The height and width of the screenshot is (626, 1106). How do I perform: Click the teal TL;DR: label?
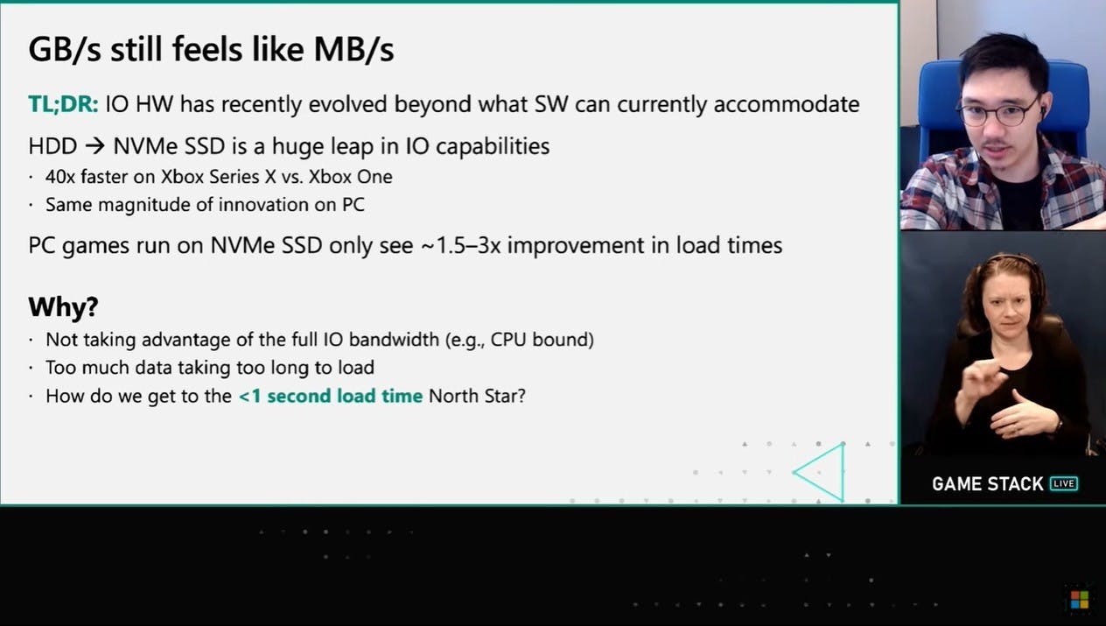(x=63, y=104)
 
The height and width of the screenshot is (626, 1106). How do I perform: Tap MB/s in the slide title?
(x=354, y=49)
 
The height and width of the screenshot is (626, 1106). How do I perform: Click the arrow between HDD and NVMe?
(x=94, y=146)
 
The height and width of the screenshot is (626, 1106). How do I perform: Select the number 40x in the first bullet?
(x=59, y=177)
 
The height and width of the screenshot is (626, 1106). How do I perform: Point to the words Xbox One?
(x=351, y=177)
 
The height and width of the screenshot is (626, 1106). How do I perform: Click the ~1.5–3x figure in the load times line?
(x=460, y=245)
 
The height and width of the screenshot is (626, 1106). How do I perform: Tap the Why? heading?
(x=63, y=306)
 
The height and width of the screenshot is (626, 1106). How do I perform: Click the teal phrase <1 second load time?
(x=331, y=396)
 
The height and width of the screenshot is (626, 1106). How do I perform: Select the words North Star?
(x=477, y=396)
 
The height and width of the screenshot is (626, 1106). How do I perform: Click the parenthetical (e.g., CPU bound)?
(x=520, y=340)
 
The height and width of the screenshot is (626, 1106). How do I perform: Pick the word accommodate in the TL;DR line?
(x=787, y=104)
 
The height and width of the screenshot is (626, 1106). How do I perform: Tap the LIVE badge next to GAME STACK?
(x=1063, y=483)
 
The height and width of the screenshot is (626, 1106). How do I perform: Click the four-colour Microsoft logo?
(x=1080, y=600)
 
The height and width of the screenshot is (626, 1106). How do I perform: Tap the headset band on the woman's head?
(x=1007, y=262)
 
